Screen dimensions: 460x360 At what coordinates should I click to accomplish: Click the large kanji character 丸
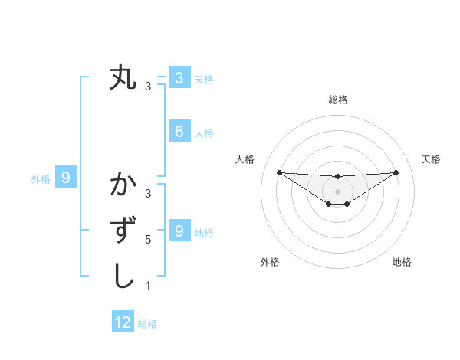point(123,77)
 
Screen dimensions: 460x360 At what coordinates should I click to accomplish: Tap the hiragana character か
point(123,185)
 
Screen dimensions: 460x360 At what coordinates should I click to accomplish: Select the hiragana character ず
point(123,231)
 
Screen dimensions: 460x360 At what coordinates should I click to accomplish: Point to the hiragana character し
point(123,277)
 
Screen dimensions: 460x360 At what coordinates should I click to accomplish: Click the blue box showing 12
point(123,322)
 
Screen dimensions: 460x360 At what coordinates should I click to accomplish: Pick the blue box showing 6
point(179,132)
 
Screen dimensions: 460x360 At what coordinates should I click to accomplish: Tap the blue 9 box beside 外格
point(66,178)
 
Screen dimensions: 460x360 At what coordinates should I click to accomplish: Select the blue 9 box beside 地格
point(179,231)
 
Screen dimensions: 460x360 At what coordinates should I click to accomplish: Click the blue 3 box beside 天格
point(179,77)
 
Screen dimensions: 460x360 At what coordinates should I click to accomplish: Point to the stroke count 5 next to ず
point(148,240)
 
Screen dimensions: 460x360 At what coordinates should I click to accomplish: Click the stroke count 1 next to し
point(148,286)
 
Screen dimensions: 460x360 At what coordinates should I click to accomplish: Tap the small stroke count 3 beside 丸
point(148,87)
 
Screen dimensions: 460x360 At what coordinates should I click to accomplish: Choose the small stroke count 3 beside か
point(148,194)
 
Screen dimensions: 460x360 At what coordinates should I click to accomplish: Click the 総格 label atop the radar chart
point(337,100)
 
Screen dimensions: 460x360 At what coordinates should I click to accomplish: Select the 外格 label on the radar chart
point(270,262)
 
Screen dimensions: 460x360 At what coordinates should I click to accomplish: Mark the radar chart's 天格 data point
point(396,172)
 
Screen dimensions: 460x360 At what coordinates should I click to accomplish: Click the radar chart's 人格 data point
point(279,172)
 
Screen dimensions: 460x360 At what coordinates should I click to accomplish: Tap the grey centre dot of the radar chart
point(337,191)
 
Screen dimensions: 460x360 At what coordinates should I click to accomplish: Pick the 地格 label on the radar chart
point(402,262)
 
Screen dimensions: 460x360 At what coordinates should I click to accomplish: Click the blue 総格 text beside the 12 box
point(147,323)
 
